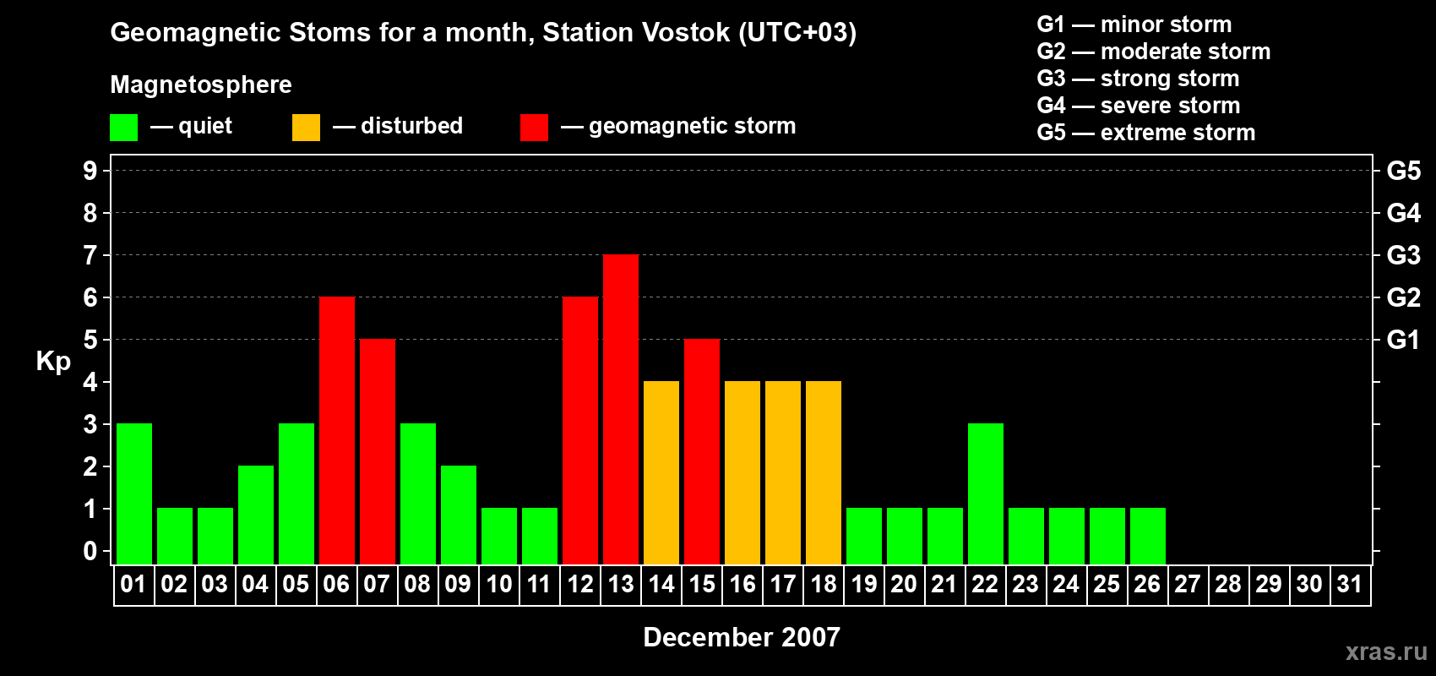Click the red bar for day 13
click(621, 409)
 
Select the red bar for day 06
click(337, 430)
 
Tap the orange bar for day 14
click(661, 472)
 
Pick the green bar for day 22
click(986, 493)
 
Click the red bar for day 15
click(702, 451)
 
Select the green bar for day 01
click(134, 493)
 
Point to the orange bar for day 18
click(824, 472)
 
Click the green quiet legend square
click(123, 128)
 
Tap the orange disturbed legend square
click(306, 128)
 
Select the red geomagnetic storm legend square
click(534, 128)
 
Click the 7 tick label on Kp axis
click(90, 255)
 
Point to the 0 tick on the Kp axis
click(90, 551)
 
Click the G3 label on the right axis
click(1403, 255)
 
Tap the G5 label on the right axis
click(1403, 171)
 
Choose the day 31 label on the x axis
click(1350, 585)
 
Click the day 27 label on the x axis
click(1188, 585)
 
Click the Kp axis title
click(53, 362)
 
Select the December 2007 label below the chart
click(742, 637)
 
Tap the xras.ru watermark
click(1385, 651)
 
